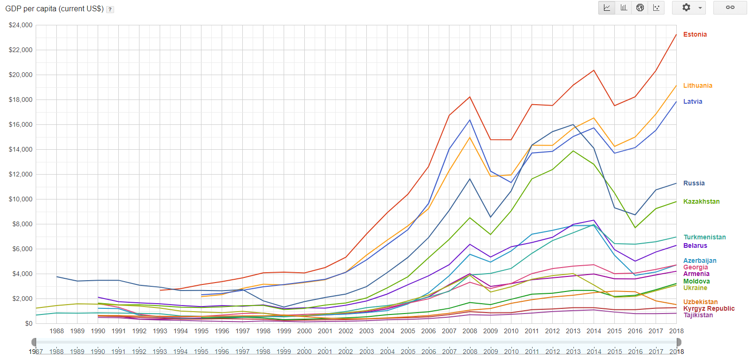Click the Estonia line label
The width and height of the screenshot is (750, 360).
[x=695, y=35]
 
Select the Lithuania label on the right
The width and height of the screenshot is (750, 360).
[x=697, y=86]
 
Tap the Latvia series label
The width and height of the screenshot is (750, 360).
[x=692, y=102]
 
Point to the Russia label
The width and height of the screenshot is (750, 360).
[x=694, y=184]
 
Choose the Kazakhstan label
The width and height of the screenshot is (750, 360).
[x=701, y=202]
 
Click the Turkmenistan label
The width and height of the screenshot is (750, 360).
[x=704, y=237]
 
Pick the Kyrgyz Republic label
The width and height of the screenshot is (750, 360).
[x=709, y=309]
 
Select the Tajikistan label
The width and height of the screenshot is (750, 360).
[x=698, y=315]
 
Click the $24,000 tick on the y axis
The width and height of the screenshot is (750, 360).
[x=21, y=25]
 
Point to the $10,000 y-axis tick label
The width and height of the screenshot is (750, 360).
[x=21, y=199]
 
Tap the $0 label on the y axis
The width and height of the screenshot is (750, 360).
[x=29, y=324]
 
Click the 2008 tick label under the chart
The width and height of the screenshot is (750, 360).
[x=470, y=331]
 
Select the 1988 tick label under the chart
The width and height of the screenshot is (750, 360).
[x=57, y=331]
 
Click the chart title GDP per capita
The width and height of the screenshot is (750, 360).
[x=54, y=9]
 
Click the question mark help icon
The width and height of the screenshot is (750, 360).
[x=110, y=9]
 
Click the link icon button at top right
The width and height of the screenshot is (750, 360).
[x=730, y=8]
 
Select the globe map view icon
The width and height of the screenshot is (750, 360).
[x=640, y=8]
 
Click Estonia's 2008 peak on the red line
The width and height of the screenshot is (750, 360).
[x=470, y=97]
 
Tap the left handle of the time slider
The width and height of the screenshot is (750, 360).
[x=34, y=342]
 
